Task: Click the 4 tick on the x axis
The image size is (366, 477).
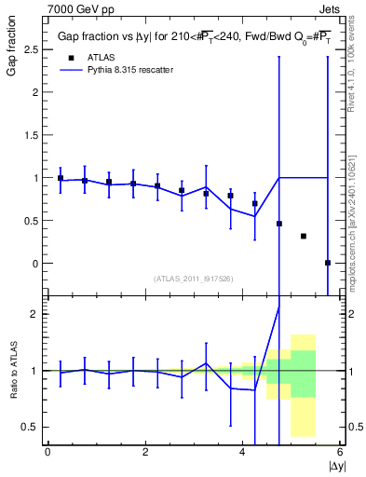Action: pyautogui.click(x=243, y=452)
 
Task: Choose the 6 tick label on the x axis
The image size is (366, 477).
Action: pyautogui.click(x=341, y=452)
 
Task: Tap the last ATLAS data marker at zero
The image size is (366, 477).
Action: pyautogui.click(x=327, y=263)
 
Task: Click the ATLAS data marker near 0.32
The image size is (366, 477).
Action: pyautogui.click(x=303, y=236)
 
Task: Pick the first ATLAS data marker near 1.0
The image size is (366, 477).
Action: pyautogui.click(x=61, y=178)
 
